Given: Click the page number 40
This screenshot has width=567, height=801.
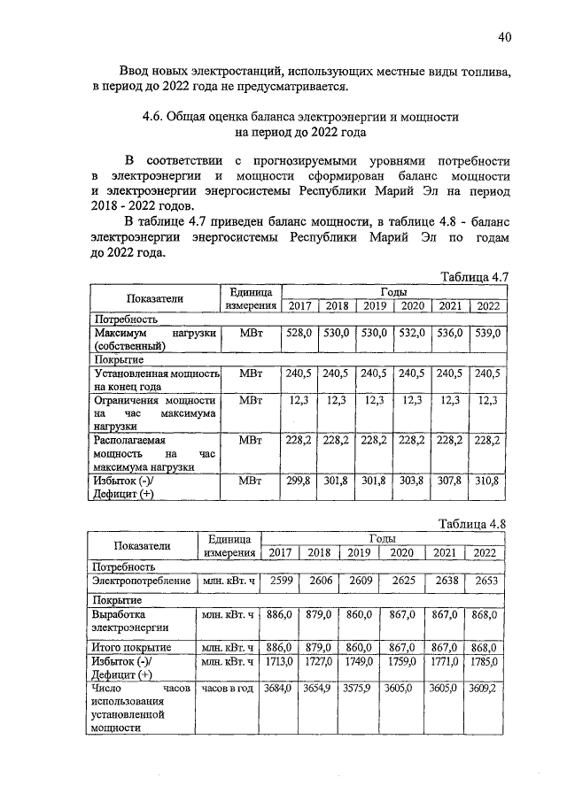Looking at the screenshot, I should click(504, 37).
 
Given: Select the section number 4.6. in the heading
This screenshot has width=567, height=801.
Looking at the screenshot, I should click(160, 117).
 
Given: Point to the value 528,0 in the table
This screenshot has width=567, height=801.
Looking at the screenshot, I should click(299, 334).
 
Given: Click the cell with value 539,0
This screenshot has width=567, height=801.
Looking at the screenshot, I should click(487, 334).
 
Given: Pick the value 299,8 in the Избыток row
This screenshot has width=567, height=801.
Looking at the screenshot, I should click(299, 481).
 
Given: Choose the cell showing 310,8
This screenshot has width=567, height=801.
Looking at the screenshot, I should click(487, 481).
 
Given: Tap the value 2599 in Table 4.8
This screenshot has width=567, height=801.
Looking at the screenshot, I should click(282, 581).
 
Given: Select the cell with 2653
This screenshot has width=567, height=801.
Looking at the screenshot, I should click(485, 581).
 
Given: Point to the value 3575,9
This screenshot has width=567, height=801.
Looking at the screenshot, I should click(358, 689).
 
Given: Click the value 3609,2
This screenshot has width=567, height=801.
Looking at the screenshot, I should click(485, 689).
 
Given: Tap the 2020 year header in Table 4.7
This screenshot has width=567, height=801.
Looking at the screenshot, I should click(412, 305).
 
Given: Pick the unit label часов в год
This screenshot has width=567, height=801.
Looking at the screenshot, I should click(228, 689).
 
